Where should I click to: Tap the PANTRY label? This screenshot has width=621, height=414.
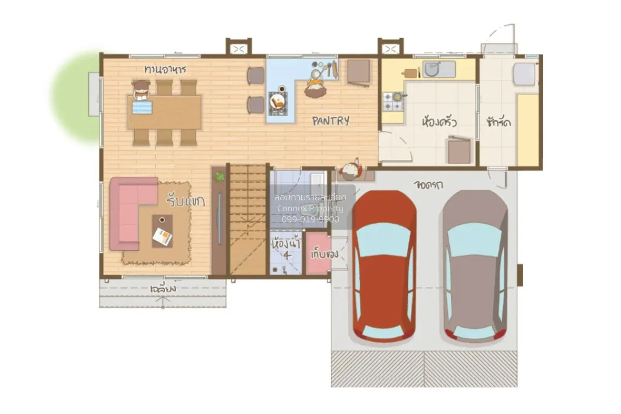click(331, 121)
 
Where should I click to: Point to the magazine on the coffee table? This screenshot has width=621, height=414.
click(162, 236)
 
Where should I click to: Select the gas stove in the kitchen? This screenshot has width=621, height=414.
click(392, 101)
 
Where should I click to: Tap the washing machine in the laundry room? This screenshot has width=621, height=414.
click(524, 74)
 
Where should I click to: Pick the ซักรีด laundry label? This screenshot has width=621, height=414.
click(499, 123)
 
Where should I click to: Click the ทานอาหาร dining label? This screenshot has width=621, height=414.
click(165, 69)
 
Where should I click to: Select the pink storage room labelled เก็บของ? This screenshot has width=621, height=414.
click(318, 255)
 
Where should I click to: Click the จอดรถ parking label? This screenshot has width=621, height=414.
click(431, 184)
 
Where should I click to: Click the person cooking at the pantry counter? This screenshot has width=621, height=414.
click(315, 85)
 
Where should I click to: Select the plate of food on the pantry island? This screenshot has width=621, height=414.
click(278, 102)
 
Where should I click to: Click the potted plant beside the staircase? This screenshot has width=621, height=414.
click(219, 176)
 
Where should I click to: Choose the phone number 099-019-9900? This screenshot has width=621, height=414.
click(310, 219)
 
